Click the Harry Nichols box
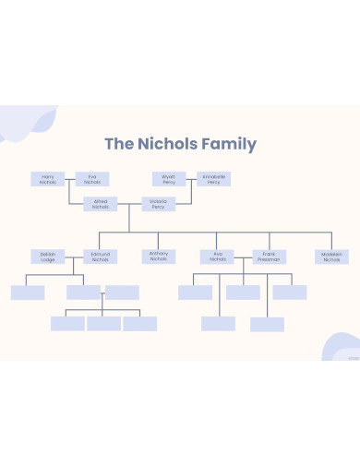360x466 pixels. [48, 179]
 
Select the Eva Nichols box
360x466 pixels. [92, 179]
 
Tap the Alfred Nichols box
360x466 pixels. [101, 204]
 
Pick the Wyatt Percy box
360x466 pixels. [169, 179]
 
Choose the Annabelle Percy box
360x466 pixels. [214, 179]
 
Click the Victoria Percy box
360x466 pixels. [158, 204]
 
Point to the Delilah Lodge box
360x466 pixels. [48, 257]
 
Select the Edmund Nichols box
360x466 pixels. [101, 257]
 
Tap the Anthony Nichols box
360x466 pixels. [158, 257]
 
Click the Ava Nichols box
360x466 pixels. [218, 257]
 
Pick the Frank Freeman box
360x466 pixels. [270, 257]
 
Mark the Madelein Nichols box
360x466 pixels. [332, 257]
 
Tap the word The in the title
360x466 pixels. [118, 144]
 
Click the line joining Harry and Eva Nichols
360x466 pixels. [70, 179]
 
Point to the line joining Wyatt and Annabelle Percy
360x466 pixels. [191, 179]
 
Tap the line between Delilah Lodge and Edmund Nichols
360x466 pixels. [74, 257]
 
